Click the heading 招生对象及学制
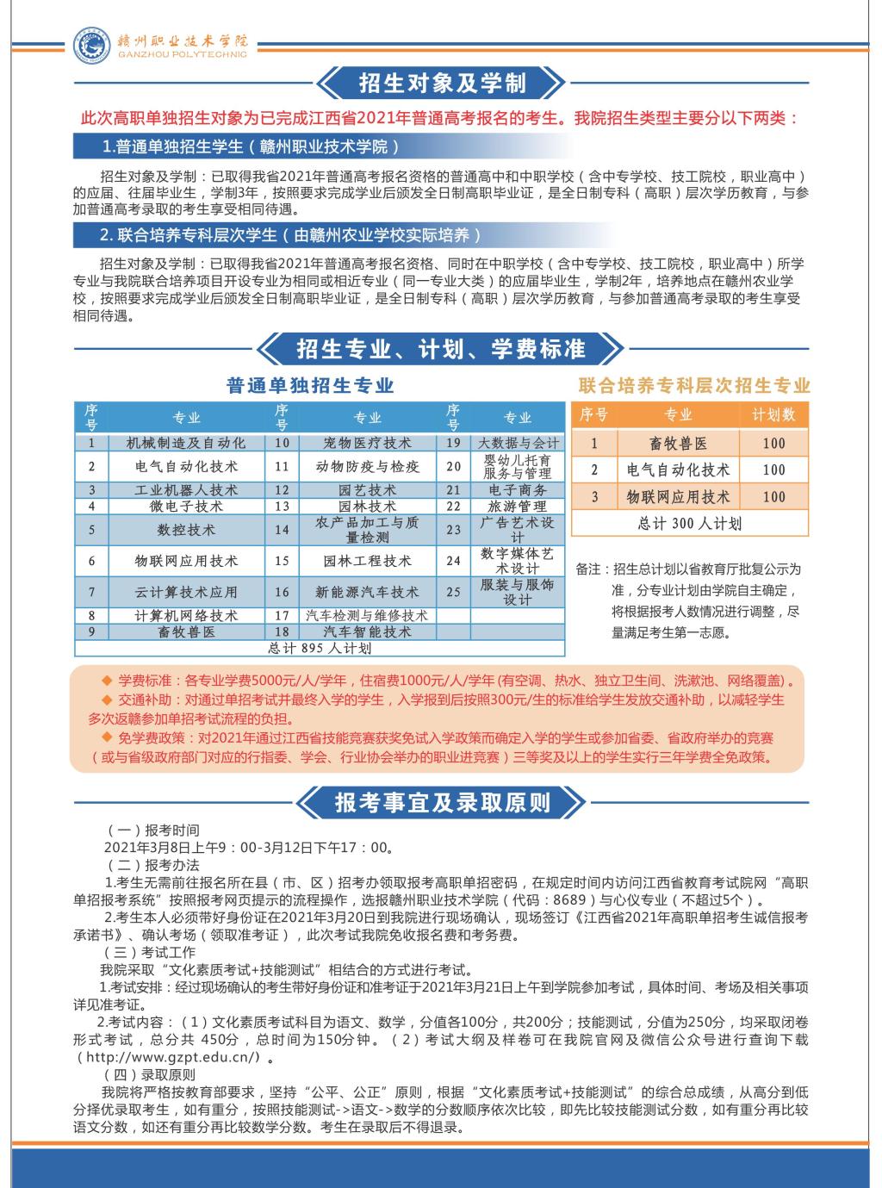pos(441,84)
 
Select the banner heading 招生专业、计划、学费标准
pos(440,349)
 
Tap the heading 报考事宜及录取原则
pos(442,803)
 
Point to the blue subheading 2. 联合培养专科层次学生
pos(289,234)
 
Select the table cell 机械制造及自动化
pos(186,443)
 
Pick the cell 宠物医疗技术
pos(368,443)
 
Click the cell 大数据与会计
pos(518,443)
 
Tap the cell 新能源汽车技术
pos(368,593)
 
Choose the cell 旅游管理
pos(518,506)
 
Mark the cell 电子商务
pos(518,489)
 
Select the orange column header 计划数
pos(773,414)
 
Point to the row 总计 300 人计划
pos(689,523)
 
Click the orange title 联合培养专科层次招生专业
pos(694,385)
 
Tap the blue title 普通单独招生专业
pos(311,385)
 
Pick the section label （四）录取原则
pos(150,1075)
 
